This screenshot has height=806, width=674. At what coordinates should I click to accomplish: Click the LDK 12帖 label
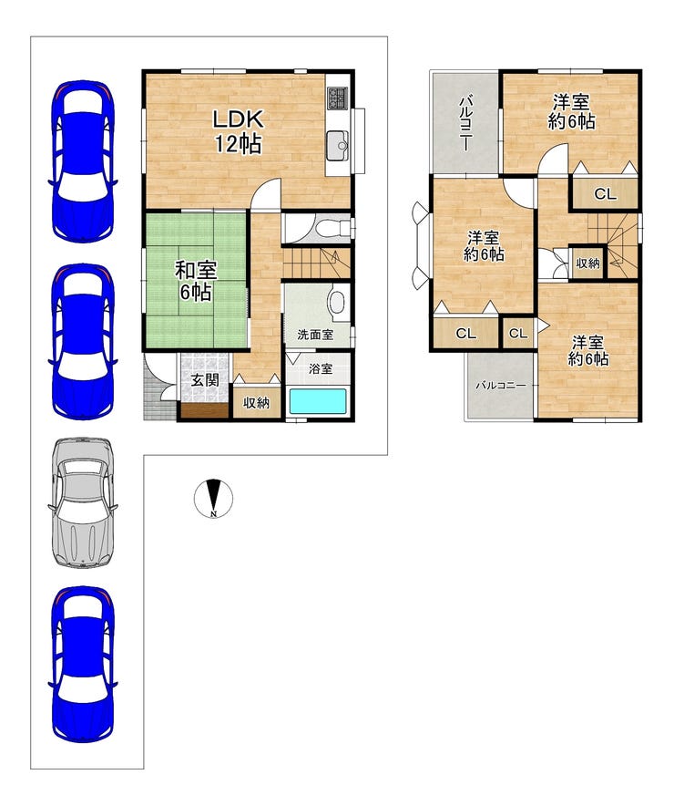(239, 131)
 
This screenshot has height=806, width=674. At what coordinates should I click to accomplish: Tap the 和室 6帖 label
(196, 281)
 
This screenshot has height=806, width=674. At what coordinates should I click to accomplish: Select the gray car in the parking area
(83, 502)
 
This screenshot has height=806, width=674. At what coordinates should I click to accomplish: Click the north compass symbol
(213, 498)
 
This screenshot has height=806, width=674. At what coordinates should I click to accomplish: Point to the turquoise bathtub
(318, 401)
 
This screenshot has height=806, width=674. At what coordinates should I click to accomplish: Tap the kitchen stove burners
(338, 98)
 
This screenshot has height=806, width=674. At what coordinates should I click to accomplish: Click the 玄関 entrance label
(205, 380)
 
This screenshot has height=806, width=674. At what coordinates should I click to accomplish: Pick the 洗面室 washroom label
(315, 335)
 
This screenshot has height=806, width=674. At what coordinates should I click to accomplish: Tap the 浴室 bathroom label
(321, 368)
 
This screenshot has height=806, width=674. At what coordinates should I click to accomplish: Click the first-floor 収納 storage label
(256, 402)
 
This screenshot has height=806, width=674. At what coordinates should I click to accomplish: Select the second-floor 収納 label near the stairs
(587, 263)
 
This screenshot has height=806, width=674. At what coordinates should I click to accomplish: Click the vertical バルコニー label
(465, 122)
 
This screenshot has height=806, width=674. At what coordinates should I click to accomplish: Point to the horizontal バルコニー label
(501, 385)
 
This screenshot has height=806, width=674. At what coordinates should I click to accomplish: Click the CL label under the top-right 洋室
(605, 194)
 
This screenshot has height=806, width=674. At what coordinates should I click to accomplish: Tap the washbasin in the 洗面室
(337, 303)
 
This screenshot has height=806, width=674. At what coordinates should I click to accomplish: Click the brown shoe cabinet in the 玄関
(204, 410)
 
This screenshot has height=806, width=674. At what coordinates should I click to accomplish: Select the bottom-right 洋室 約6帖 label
(588, 350)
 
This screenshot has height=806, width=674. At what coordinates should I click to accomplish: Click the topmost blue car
(83, 160)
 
